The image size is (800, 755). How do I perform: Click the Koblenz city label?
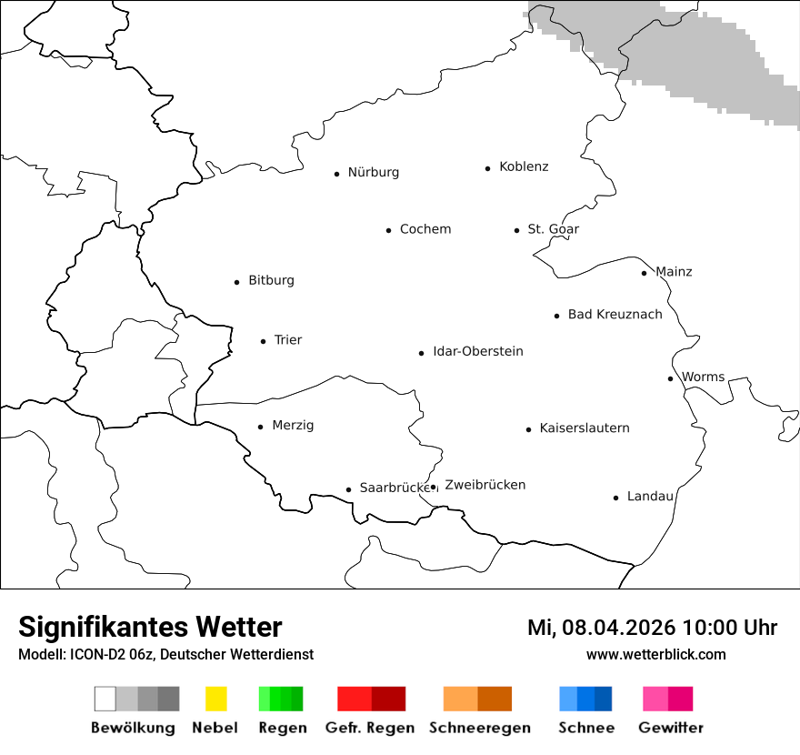[x=524, y=167]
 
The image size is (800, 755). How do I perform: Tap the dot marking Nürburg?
[x=336, y=174]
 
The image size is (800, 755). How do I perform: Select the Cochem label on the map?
[x=425, y=229]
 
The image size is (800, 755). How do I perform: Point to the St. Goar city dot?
[x=516, y=230]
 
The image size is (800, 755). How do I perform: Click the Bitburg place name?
[x=271, y=281]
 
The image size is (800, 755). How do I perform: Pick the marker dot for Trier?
[x=263, y=341]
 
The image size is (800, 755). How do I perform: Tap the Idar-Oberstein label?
[x=477, y=352]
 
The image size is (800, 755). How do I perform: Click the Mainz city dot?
[x=644, y=273]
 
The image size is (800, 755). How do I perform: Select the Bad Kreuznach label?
[x=615, y=315]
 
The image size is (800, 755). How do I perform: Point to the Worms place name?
[x=703, y=377]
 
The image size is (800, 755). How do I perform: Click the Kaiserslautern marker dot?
[x=528, y=429]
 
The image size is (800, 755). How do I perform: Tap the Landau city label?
[x=650, y=497]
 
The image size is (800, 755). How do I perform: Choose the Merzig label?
[x=293, y=426]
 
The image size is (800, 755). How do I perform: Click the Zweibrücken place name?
[x=485, y=486]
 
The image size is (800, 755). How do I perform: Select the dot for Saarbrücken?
[x=348, y=489]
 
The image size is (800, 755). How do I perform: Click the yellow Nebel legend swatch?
[x=215, y=699]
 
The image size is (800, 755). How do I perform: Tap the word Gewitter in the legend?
[x=670, y=728]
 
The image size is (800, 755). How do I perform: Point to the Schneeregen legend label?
[x=479, y=728]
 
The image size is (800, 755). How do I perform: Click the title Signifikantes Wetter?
[x=150, y=628]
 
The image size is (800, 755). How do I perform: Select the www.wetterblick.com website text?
[x=655, y=655]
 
